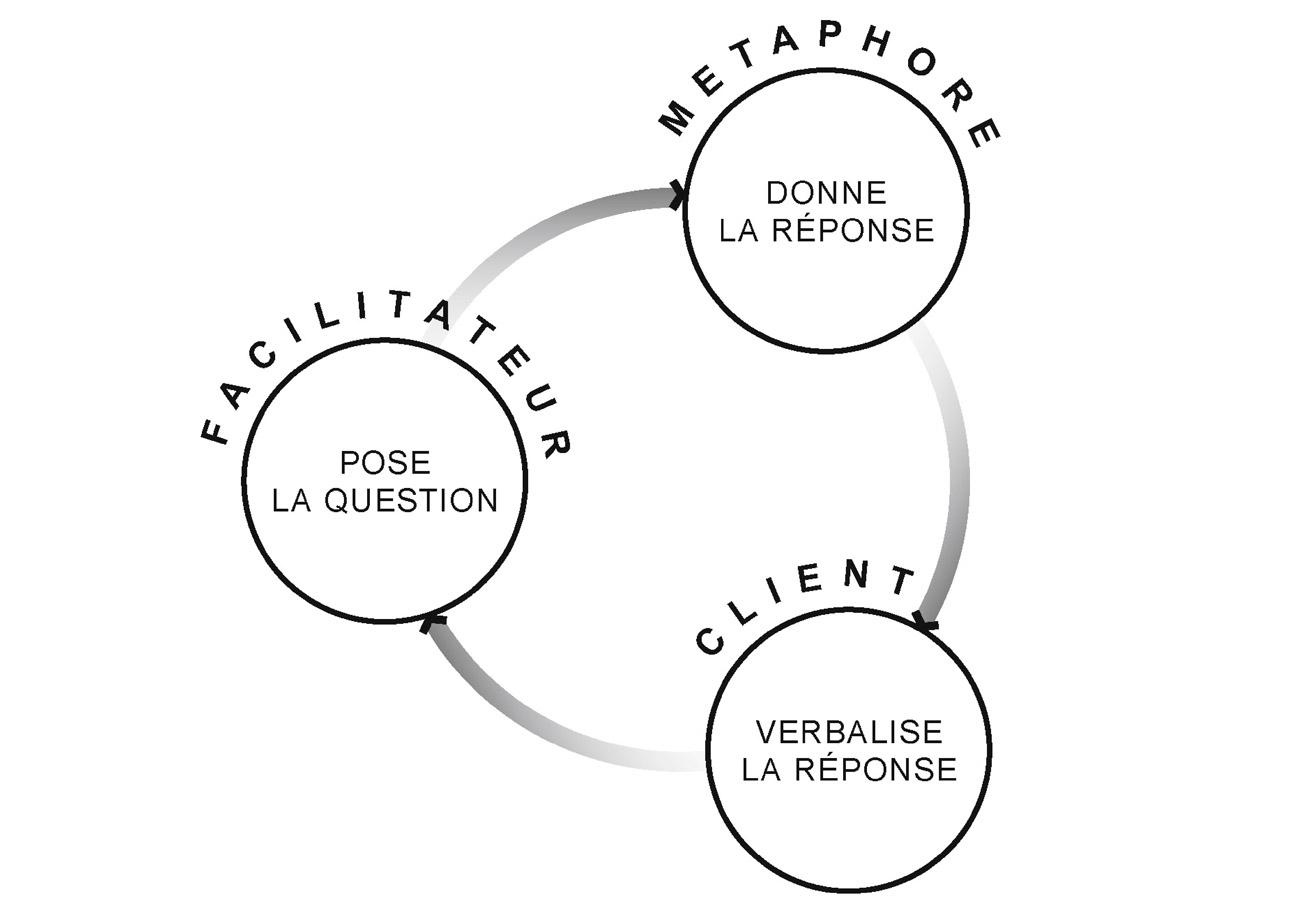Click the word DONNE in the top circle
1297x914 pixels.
pos(826,192)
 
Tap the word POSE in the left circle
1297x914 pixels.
pos(385,462)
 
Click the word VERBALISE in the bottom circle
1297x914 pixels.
pos(848,732)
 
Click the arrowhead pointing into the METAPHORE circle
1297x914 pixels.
pos(677,195)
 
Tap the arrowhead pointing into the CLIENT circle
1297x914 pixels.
pos(926,622)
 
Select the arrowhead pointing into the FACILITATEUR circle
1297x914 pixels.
pos(431,624)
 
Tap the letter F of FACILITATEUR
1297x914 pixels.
pos(214,431)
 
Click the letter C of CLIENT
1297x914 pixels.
pos(710,640)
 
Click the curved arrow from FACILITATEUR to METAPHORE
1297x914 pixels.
pos(540,228)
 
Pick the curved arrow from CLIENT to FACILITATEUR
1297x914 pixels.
pos(540,735)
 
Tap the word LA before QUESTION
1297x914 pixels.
pos(292,500)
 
